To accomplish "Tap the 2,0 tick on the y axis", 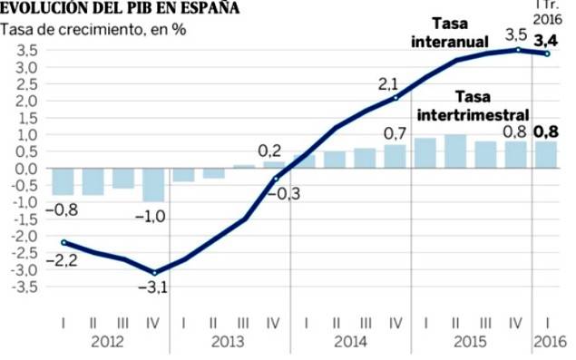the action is (26, 101).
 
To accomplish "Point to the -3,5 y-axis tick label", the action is (24, 287).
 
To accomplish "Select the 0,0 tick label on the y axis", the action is (26, 169).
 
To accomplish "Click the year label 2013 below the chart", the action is (228, 342).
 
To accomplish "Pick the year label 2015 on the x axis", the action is (470, 342).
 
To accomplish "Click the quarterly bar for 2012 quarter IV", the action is (153, 185).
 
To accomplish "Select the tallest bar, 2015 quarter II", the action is (455, 151).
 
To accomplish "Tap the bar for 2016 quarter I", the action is (546, 155).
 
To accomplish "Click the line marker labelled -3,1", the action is (154, 273).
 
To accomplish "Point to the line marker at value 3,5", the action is (518, 50).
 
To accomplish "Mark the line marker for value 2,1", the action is (395, 98).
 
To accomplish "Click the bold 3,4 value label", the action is (546, 41).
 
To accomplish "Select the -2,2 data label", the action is (62, 261).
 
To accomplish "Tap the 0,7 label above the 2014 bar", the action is (395, 134).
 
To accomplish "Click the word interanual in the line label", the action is (450, 42).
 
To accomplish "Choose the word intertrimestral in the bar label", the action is (473, 115).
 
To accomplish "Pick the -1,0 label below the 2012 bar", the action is (151, 217).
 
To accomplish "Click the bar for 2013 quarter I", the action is (183, 175).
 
